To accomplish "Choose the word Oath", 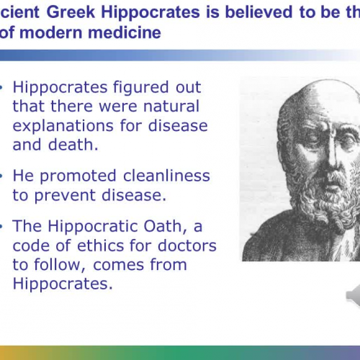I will pos(160,226).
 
